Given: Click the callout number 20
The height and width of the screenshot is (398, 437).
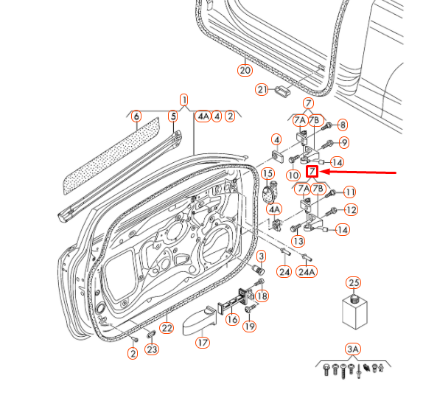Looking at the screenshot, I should pyautogui.click(x=245, y=71).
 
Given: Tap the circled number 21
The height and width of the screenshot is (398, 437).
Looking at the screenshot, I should pyautogui.click(x=262, y=89).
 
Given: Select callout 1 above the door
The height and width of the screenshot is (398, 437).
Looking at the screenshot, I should pyautogui.click(x=183, y=99).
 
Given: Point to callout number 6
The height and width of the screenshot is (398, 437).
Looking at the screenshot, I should pyautogui.click(x=136, y=116).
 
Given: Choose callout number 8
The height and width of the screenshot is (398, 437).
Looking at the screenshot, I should pyautogui.click(x=343, y=125).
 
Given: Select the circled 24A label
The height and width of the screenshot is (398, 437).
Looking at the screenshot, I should pyautogui.click(x=307, y=271).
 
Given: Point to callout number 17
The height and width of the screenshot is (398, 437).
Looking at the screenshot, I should pyautogui.click(x=201, y=341).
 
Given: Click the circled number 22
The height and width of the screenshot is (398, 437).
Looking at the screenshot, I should pyautogui.click(x=167, y=328).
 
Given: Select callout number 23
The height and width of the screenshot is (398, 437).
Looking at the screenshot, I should pyautogui.click(x=152, y=349).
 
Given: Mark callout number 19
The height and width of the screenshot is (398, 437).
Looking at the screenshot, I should pyautogui.click(x=249, y=327).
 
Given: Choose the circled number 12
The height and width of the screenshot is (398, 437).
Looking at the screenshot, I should pyautogui.click(x=351, y=210).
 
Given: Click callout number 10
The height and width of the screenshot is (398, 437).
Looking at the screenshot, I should pyautogui.click(x=293, y=175).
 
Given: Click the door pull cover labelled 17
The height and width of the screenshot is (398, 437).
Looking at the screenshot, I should pyautogui.click(x=196, y=321).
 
